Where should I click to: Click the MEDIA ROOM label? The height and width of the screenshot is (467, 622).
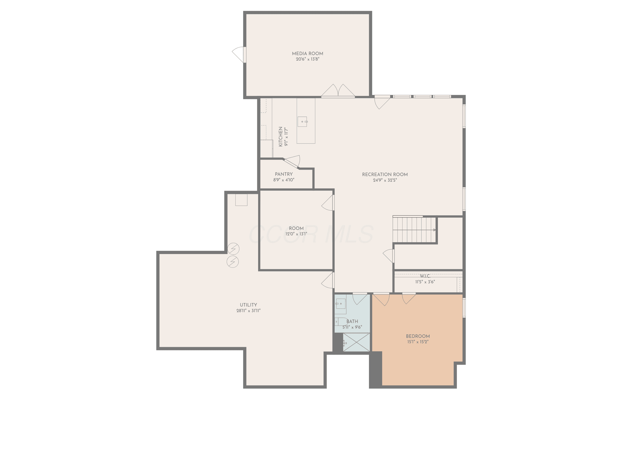pyautogui.click(x=307, y=54)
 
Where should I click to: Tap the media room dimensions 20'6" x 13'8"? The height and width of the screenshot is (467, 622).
pyautogui.click(x=307, y=59)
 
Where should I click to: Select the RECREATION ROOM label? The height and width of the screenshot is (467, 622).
pyautogui.click(x=385, y=175)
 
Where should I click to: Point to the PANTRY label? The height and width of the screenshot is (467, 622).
pyautogui.click(x=284, y=174)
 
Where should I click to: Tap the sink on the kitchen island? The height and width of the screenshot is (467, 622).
pyautogui.click(x=302, y=122)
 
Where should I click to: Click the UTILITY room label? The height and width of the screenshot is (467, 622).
pyautogui.click(x=248, y=305)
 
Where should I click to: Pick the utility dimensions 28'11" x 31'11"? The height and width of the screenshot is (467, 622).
pyautogui.click(x=248, y=311)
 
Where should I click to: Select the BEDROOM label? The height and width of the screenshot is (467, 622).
pyautogui.click(x=418, y=336)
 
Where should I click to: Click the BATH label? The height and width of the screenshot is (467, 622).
pyautogui.click(x=352, y=322)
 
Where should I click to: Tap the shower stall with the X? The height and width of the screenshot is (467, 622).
pyautogui.click(x=356, y=342)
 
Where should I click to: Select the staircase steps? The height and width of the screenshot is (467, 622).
pyautogui.click(x=414, y=230)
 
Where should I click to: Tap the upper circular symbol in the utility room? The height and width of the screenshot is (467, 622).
pyautogui.click(x=233, y=249)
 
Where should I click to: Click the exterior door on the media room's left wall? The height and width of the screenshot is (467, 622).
pyautogui.click(x=239, y=55)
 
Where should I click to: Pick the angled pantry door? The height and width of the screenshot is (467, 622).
pyautogui.click(x=292, y=162)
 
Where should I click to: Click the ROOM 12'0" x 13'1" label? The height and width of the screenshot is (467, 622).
pyautogui.click(x=296, y=231)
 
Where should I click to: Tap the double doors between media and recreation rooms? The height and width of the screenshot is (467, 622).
pyautogui.click(x=338, y=91)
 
